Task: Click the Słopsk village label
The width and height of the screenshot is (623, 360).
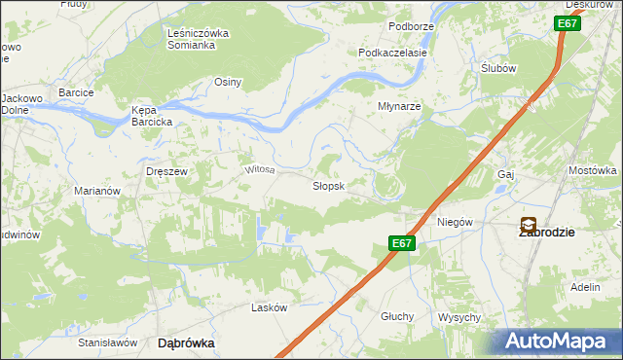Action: click(328, 186)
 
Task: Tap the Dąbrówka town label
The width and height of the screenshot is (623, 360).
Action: click(186, 343)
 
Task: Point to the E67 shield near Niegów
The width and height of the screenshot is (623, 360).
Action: click(403, 243)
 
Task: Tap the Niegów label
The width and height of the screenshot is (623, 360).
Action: click(455, 222)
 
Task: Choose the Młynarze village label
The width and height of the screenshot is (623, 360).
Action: click(399, 107)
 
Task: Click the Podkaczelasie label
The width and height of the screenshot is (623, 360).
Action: click(393, 53)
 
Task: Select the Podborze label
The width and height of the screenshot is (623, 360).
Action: click(410, 25)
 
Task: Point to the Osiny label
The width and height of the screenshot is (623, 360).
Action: click(228, 83)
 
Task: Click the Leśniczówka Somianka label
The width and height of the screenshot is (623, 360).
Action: click(198, 39)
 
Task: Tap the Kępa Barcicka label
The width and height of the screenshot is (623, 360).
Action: click(152, 117)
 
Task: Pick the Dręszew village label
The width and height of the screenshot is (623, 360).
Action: click(166, 170)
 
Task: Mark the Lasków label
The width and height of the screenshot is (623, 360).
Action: click(270, 307)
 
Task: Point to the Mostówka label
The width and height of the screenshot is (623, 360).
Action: click(593, 170)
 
